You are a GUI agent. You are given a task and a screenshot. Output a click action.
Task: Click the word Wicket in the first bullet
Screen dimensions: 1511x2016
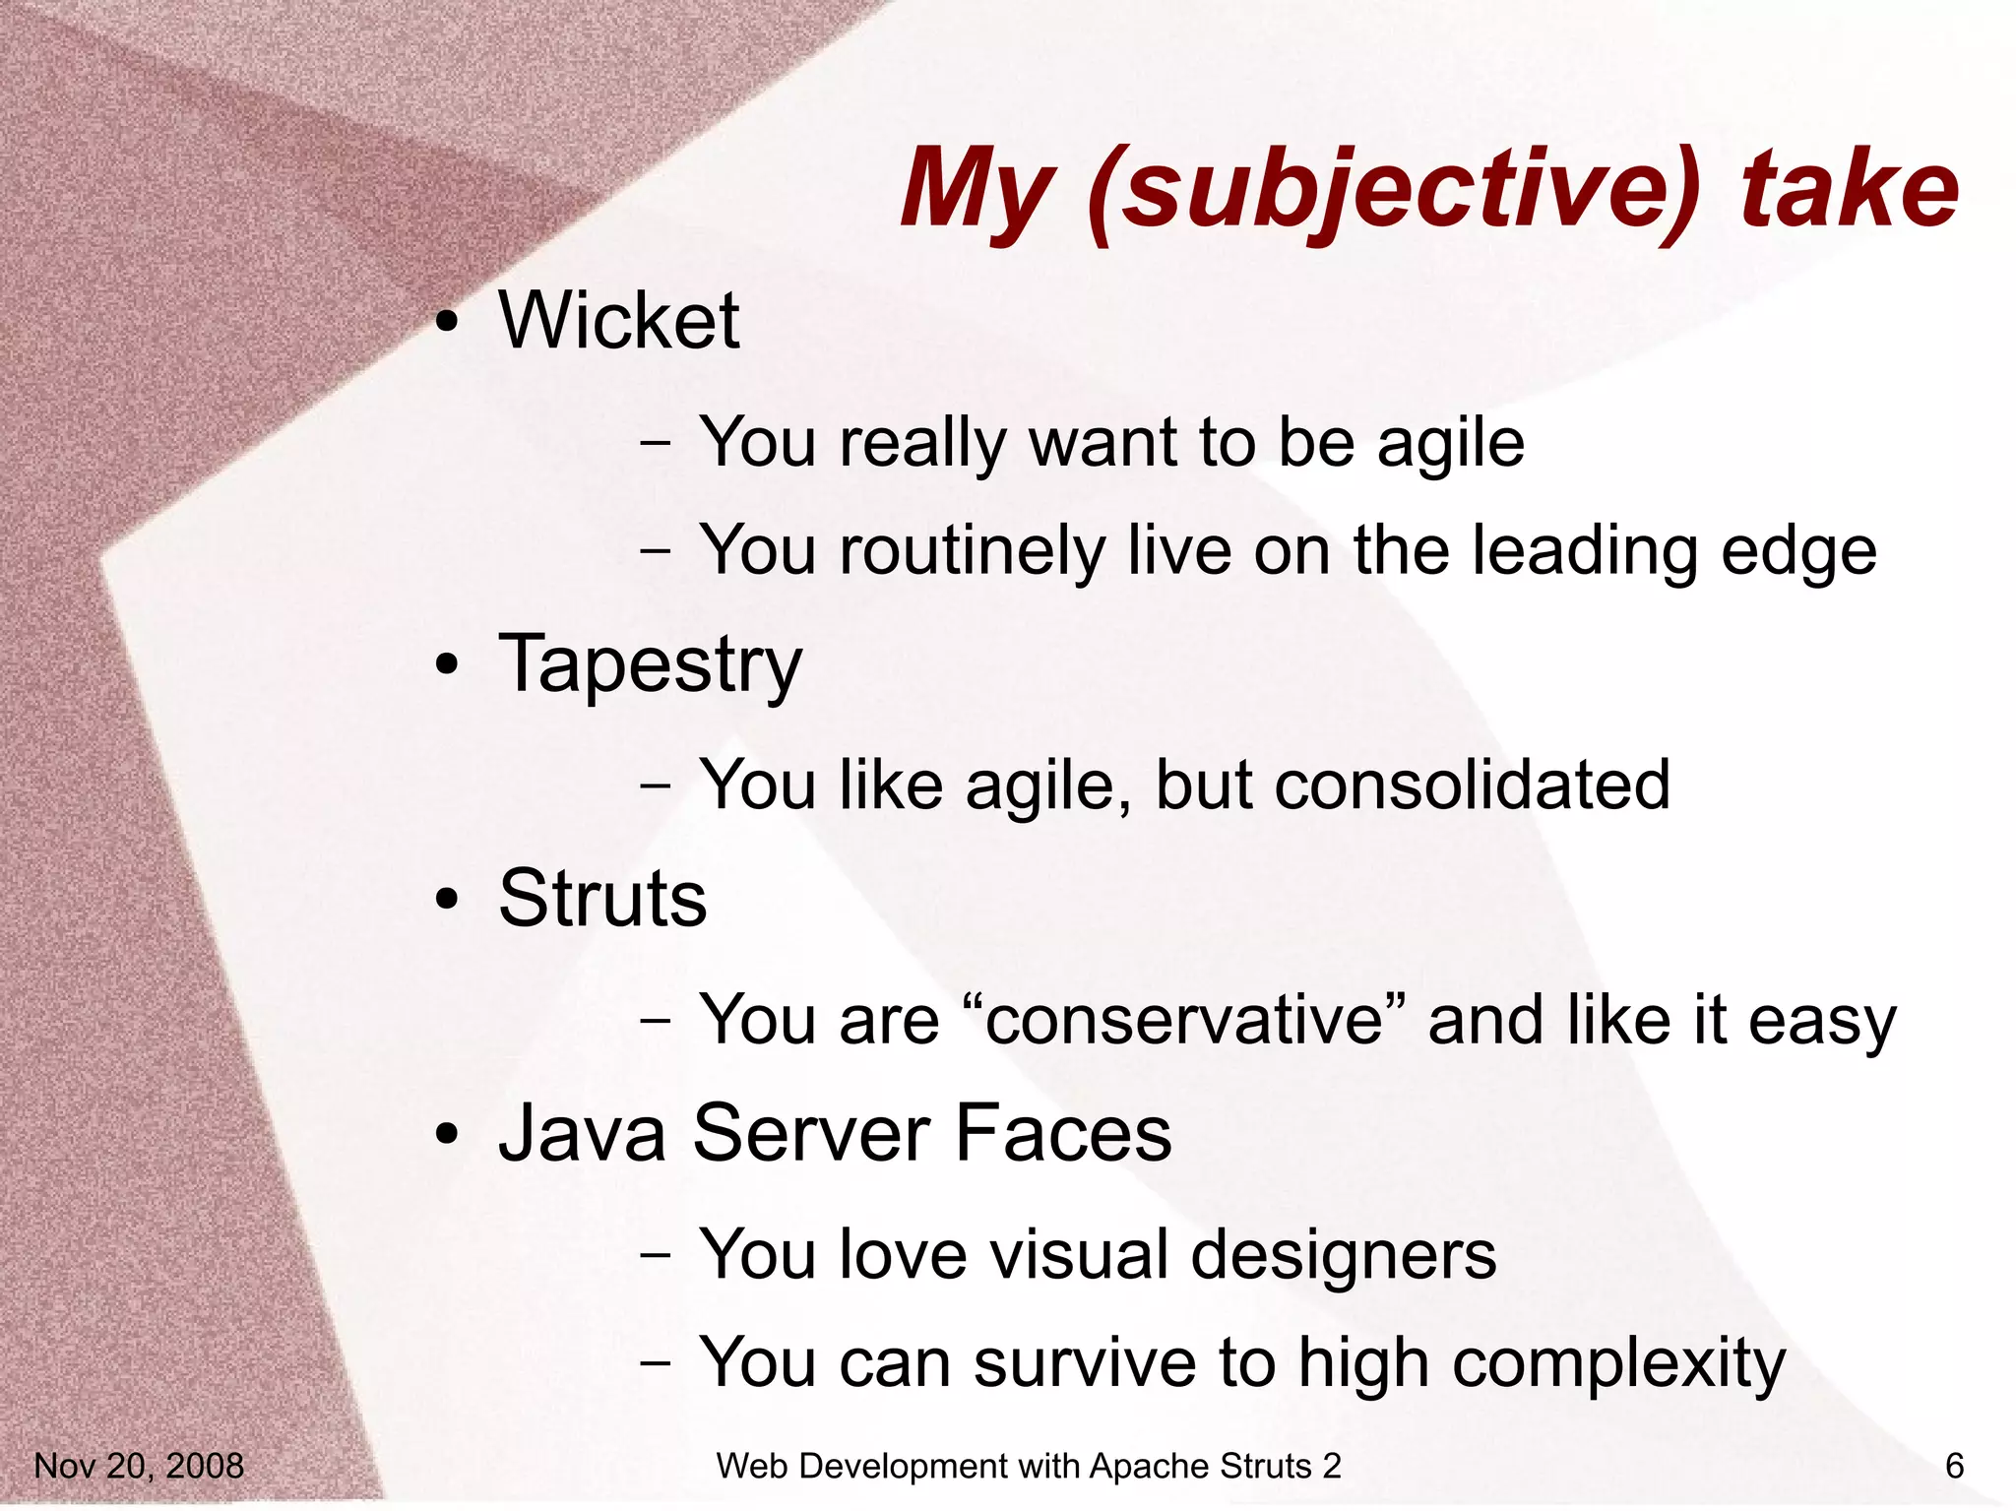coord(619,321)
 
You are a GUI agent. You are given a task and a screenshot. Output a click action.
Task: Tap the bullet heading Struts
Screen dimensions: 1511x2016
coord(602,899)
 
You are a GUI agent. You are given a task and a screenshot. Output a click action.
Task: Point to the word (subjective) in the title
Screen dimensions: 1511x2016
coord(1395,190)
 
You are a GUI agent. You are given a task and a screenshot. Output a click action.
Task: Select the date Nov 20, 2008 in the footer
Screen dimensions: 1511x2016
coord(139,1466)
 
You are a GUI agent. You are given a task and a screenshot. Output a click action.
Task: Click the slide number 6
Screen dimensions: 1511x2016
coord(1954,1466)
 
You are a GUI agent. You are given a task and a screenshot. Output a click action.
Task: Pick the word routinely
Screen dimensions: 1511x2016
coord(973,551)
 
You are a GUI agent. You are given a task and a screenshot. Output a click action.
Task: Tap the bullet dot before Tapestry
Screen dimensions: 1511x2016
coord(448,665)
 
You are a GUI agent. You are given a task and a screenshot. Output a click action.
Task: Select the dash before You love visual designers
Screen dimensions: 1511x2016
coord(655,1256)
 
